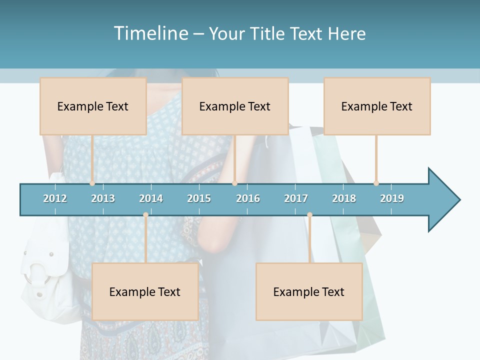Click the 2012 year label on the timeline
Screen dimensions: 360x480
click(55, 198)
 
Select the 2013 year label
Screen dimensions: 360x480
click(103, 198)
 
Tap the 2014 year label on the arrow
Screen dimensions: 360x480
click(151, 198)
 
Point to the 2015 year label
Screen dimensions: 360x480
click(199, 198)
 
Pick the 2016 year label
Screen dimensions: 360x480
click(248, 198)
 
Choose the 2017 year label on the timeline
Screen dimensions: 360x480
click(296, 198)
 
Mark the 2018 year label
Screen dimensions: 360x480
click(344, 198)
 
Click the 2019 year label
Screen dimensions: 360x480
click(392, 198)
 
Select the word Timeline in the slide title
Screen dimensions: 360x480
click(150, 33)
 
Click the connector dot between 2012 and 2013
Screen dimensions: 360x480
click(92, 183)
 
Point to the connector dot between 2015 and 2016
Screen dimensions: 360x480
click(234, 183)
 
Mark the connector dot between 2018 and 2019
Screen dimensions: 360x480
click(376, 183)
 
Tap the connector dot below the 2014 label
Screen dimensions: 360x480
click(145, 215)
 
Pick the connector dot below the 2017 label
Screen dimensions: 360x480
click(309, 215)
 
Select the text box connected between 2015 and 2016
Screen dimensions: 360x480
click(234, 106)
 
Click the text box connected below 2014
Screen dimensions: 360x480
click(145, 291)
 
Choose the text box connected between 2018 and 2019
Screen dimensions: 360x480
click(377, 106)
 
